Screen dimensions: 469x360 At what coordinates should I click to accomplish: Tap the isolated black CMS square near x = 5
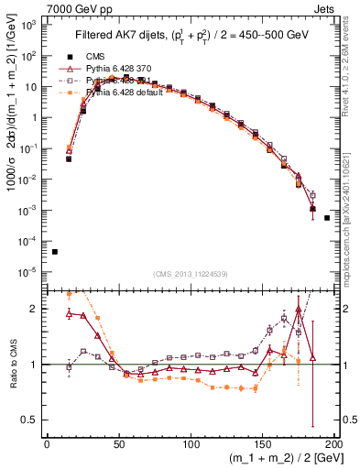(55, 251)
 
